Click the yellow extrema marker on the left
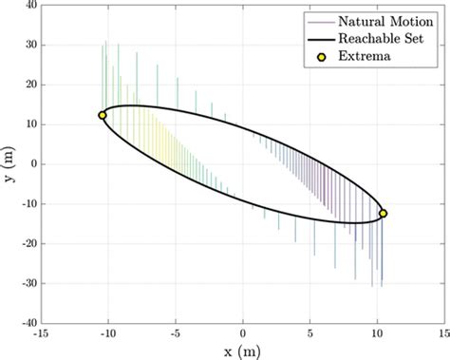[103, 115]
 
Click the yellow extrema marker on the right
[384, 214]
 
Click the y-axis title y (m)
[9, 164]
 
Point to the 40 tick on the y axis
[28, 6]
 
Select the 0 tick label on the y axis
[31, 164]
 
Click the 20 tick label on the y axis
[28, 85]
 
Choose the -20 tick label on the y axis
[27, 244]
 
